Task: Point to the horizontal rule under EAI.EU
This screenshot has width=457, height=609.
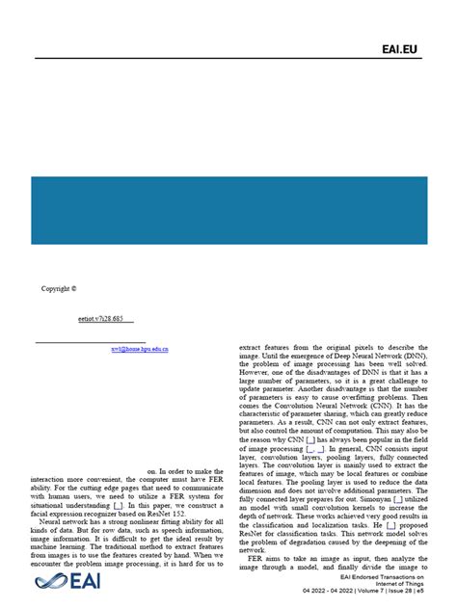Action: pyautogui.click(x=228, y=59)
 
